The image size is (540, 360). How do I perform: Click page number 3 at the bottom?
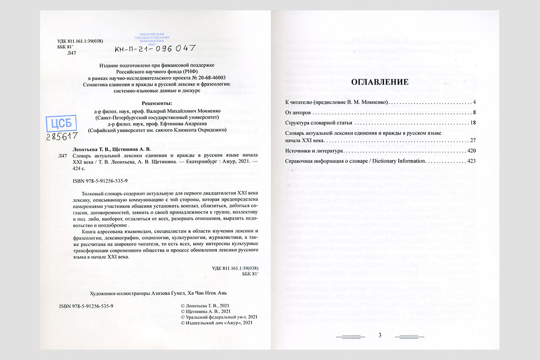tap(380, 335)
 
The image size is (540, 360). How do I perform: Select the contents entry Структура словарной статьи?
tap(319, 122)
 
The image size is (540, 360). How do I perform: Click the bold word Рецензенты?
tap(157, 103)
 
